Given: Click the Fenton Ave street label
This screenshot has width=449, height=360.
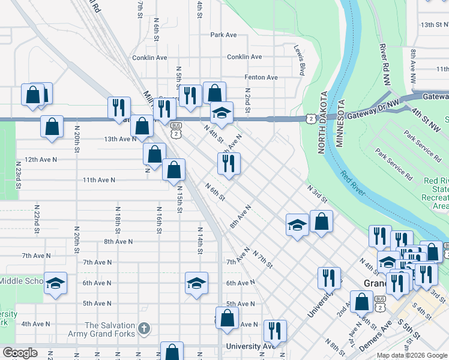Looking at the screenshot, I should pyautogui.click(x=261, y=77).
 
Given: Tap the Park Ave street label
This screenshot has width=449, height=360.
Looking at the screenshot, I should pyautogui.click(x=224, y=35).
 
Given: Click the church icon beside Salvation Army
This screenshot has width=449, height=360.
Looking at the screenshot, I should pyautogui.click(x=143, y=329).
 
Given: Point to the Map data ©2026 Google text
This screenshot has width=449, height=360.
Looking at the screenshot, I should pyautogui.click(x=412, y=355).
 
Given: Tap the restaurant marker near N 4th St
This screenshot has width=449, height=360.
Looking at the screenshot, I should pyautogui.click(x=229, y=163).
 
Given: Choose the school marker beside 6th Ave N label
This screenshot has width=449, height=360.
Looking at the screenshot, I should pyautogui.click(x=196, y=283).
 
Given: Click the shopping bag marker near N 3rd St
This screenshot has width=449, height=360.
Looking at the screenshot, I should pyautogui.click(x=322, y=221).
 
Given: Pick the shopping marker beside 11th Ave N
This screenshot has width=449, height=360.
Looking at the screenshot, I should pyautogui.click(x=173, y=169).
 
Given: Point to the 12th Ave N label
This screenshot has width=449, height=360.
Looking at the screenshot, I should pyautogui.click(x=40, y=160).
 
